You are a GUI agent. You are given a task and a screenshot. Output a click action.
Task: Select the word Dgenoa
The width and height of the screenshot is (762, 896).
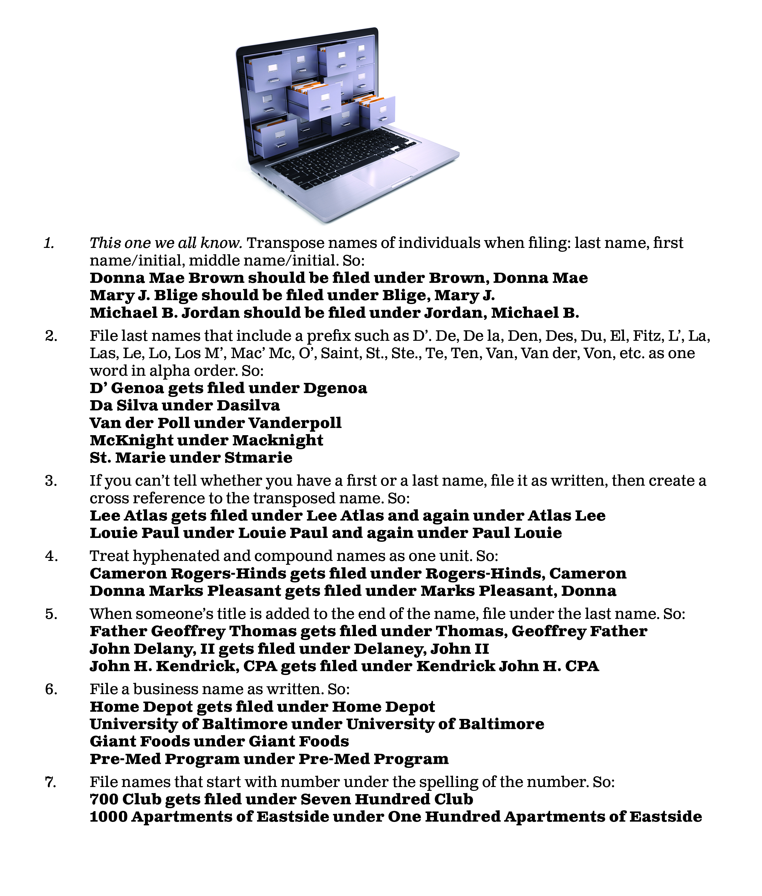pos(335,388)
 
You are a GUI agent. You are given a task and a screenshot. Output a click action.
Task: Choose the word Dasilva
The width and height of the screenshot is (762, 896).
pos(248,406)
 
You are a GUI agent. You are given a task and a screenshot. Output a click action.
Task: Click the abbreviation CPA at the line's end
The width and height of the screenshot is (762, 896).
pos(582,666)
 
